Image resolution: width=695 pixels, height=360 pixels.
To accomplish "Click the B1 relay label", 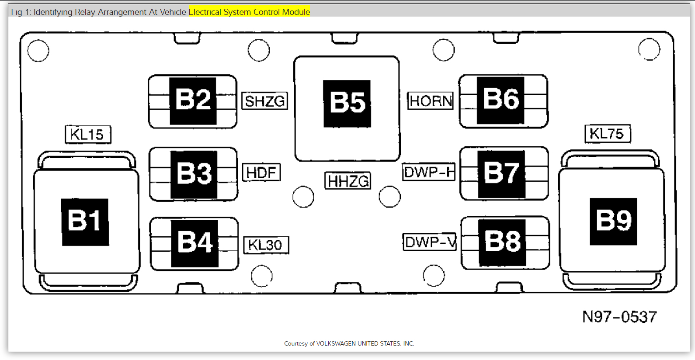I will click(85, 222).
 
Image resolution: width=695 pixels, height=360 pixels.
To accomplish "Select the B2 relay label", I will click(193, 100).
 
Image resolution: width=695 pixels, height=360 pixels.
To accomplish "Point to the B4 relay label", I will click(195, 243).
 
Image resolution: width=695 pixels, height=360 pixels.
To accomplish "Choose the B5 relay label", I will click(347, 104).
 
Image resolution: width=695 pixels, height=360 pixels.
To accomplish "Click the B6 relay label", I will click(500, 100).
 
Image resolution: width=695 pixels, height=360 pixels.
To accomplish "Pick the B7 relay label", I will click(501, 174).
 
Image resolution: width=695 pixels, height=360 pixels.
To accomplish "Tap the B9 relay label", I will click(613, 222).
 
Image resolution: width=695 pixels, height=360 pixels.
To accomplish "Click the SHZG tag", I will click(264, 101).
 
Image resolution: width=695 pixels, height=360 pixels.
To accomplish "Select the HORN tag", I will click(431, 101).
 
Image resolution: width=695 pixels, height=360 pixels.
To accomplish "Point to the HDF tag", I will click(261, 173).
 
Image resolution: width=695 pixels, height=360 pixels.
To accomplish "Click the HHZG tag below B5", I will click(348, 181).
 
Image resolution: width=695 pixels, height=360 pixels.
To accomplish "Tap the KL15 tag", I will click(87, 135).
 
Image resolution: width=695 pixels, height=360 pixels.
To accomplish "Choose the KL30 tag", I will click(266, 245).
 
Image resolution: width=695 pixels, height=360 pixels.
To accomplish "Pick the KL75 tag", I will click(607, 134).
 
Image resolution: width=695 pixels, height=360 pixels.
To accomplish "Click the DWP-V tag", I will click(430, 242).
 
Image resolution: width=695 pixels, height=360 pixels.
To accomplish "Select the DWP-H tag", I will click(429, 172).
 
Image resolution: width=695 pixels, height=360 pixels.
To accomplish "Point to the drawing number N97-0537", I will click(619, 317).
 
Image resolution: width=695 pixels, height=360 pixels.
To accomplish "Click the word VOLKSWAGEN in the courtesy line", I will click(336, 344).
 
